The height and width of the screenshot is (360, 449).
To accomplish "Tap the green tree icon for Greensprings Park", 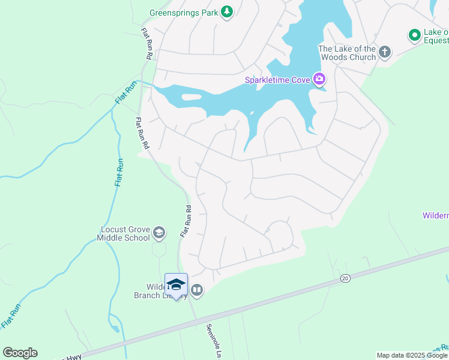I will tap(226, 11).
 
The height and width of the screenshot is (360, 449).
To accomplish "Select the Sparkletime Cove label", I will tap(276, 80).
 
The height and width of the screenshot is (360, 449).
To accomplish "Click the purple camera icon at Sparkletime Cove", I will tap(319, 79).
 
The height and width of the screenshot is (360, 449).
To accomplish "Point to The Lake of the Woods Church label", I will tap(347, 53).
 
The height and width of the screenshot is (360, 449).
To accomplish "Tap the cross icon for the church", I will tap(385, 53).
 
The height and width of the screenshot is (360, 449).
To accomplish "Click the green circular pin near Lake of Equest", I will tap(414, 36).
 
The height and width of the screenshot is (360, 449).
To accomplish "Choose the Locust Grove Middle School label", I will tap(124, 233).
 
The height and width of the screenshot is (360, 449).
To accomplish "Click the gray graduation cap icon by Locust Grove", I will tap(159, 232).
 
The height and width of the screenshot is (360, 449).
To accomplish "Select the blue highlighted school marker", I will tap(176, 285).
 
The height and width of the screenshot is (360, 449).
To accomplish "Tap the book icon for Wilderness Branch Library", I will tap(197, 291).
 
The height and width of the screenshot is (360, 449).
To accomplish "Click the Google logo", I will tap(20, 353).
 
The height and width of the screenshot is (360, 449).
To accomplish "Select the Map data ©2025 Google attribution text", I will tap(412, 355).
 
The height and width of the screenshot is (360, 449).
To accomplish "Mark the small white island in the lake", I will tap(191, 97).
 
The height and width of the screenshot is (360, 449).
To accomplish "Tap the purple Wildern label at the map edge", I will tap(435, 215).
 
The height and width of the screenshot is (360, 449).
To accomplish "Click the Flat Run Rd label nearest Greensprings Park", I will tap(146, 43).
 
